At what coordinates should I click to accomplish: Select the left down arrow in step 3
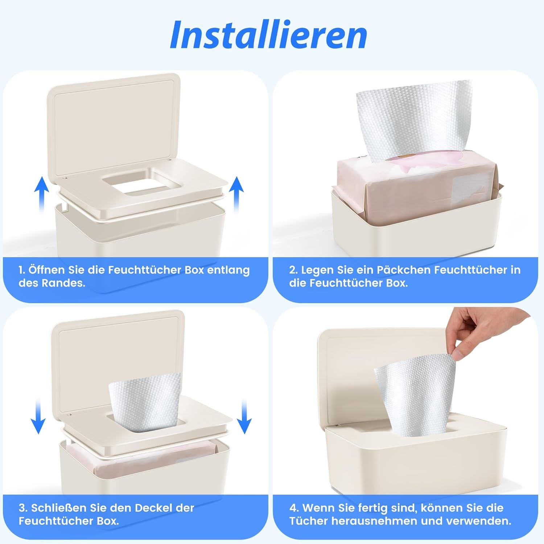[x=38, y=417]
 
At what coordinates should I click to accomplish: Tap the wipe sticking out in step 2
[x=413, y=120]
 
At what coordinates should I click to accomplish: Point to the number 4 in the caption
[x=293, y=508]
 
